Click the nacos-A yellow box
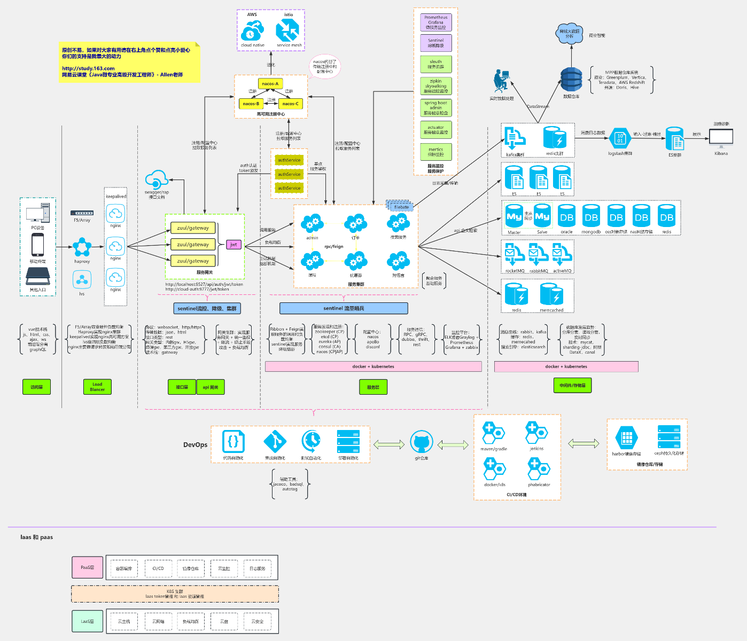tap(270, 83)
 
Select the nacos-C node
tap(291, 104)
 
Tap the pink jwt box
tap(234, 244)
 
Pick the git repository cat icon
tap(421, 442)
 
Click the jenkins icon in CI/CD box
tap(536, 433)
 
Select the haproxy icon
tap(82, 247)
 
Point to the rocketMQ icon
tap(515, 255)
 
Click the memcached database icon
tap(551, 295)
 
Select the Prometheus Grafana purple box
tap(436, 22)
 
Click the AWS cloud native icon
tap(252, 31)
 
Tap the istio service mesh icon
tap(288, 30)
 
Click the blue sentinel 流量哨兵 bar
tap(344, 308)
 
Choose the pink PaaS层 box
tap(87, 567)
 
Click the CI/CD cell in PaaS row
tap(158, 568)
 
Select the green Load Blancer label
tap(97, 387)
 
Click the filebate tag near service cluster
tap(401, 207)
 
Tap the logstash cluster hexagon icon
tap(620, 138)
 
